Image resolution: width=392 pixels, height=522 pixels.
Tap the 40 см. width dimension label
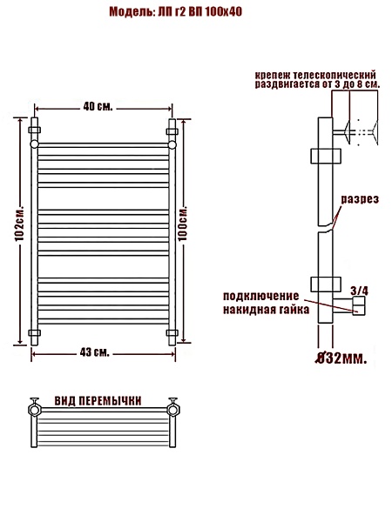point(98,106)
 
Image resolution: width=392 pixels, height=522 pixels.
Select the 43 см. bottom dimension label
point(95,352)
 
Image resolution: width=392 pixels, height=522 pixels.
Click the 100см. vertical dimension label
point(182,224)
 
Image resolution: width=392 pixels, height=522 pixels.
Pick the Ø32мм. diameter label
point(341,358)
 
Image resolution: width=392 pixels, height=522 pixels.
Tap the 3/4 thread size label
point(360,291)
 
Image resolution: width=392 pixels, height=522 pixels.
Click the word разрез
point(360,199)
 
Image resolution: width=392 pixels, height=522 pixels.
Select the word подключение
point(261,296)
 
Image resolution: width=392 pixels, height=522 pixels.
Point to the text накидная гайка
point(266,310)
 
